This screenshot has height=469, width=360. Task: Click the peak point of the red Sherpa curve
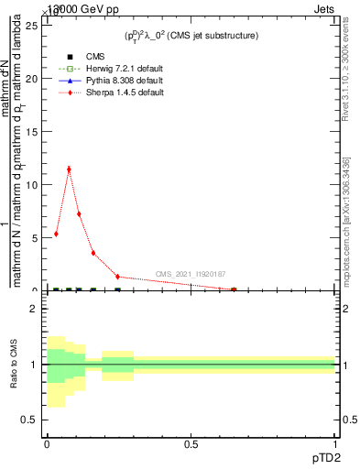coord(69,169)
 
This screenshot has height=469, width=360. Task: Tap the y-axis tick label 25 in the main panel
coord(35,25)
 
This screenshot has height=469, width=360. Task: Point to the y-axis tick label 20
coord(35,78)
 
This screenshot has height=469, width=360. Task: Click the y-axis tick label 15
coord(35,131)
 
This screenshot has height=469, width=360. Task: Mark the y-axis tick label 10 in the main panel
coord(35,184)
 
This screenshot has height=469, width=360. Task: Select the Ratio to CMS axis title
coord(14,364)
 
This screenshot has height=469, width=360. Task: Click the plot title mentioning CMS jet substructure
coord(191,36)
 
